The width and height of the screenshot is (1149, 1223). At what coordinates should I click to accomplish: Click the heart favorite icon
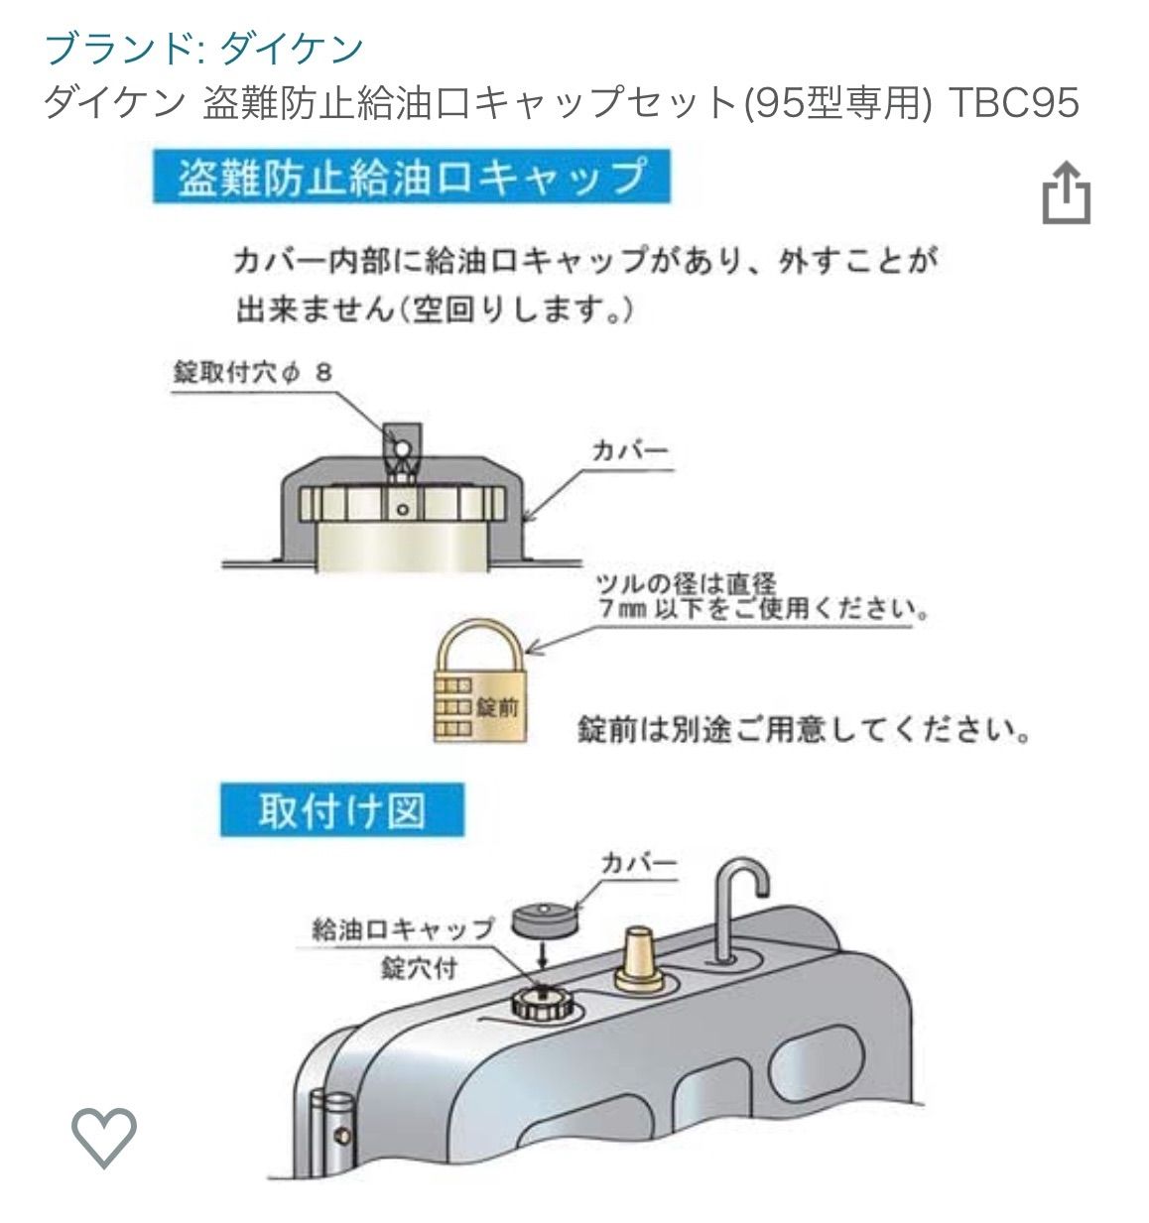[103, 1137]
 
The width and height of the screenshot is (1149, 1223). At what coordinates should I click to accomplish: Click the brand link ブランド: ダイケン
[204, 49]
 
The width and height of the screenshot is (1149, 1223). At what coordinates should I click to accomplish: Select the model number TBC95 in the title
[1013, 102]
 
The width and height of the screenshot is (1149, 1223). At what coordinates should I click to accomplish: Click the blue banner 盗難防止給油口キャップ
[411, 177]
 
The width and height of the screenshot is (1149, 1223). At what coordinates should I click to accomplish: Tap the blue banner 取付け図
[342, 810]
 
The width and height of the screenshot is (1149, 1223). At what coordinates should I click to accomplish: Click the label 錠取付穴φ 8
[253, 373]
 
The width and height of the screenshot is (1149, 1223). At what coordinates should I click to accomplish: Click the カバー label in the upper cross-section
[630, 451]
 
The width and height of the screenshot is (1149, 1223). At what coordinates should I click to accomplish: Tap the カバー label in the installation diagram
[638, 863]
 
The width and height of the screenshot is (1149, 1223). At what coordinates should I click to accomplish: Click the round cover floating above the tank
[546, 917]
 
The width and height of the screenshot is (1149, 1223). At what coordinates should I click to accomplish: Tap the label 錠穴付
[419, 969]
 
